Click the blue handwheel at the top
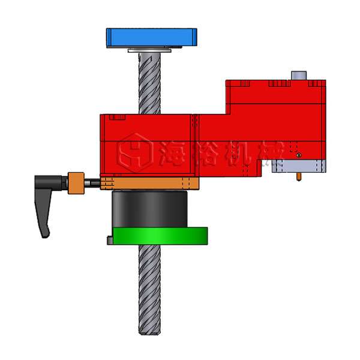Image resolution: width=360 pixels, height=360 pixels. [x=151, y=37]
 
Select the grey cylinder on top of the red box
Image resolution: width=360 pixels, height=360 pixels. [x=298, y=76]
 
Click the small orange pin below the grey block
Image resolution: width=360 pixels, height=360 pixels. [x=298, y=177]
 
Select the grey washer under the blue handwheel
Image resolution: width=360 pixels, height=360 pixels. [x=150, y=51]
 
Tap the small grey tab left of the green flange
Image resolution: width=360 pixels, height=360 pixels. [x=110, y=241]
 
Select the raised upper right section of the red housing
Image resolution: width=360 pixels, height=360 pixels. [x=276, y=96]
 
